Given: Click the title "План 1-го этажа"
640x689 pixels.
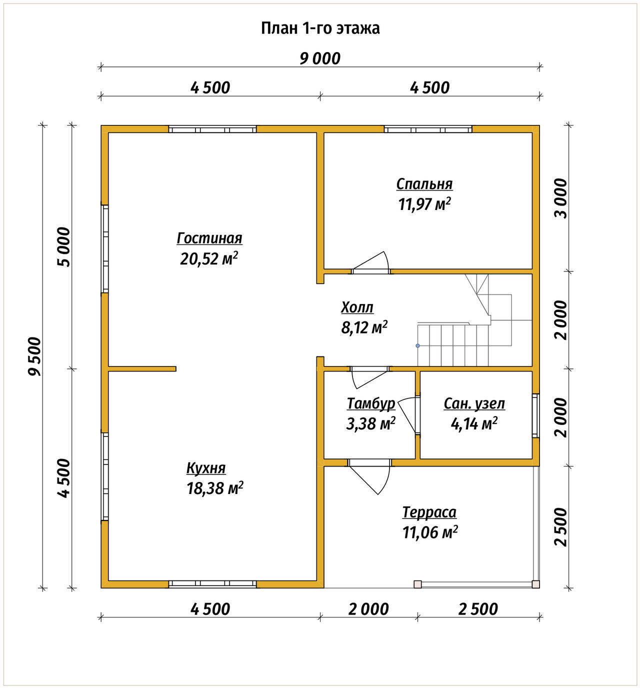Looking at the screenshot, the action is coord(320,28).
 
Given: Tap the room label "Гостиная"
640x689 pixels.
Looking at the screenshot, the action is coord(209,238).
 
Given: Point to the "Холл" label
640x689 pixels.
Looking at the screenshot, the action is coord(357,307).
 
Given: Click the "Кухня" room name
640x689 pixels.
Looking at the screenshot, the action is coord(206,468).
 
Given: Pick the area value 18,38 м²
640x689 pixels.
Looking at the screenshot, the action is coord(215,488).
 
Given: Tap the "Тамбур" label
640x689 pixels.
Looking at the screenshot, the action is coord(370,403).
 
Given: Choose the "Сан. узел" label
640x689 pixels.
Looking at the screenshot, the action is coord(474,403).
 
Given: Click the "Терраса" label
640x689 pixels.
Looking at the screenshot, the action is coord(429,512).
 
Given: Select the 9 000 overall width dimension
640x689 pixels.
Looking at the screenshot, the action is coord(320,58).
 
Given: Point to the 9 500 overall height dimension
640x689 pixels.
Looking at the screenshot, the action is coord(35,356).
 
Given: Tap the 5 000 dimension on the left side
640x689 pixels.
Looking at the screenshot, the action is coord(64,247).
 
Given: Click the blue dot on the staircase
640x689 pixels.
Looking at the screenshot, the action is coord(417,346).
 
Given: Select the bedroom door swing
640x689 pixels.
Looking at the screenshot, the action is coord(370,261).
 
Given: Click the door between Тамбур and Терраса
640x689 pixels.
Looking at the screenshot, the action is coord(369,476).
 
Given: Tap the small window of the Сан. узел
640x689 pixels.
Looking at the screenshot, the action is coord(536,415).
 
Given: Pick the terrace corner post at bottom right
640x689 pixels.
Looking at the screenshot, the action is coord(536,584).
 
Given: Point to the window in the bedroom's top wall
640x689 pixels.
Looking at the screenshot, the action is coord(428,129).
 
